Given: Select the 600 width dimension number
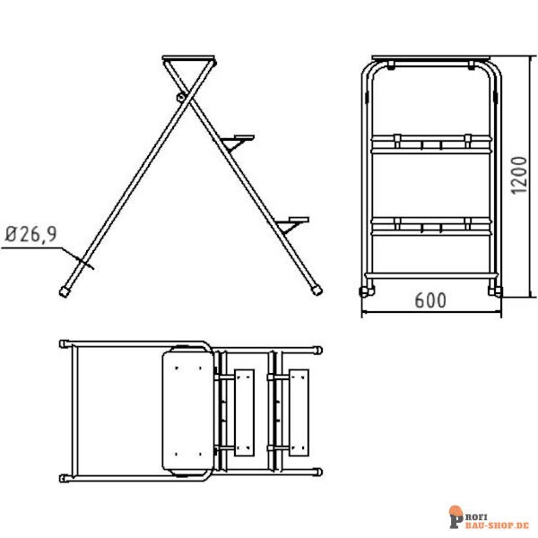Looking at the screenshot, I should coord(430,302).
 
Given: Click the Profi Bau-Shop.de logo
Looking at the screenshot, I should coord(489,517).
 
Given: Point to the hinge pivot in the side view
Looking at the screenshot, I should coord(183,95).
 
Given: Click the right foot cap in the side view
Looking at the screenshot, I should coord(317,291).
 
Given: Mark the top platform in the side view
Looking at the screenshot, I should coord(190,59).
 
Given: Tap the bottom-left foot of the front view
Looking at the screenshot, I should coord(364,291).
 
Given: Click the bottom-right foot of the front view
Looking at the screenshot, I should coord(494,291).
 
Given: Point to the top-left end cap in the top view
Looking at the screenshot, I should coord(64,344).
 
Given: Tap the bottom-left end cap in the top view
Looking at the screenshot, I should coord(64,476).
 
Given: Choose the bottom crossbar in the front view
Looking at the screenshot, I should coord(430,272).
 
